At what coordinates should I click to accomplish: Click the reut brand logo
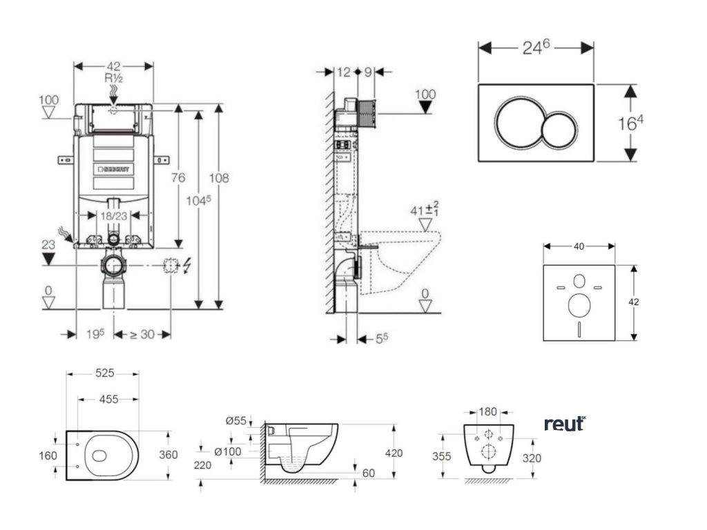[x=565, y=424]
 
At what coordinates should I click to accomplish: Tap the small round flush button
[x=558, y=130]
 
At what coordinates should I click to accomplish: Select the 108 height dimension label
[x=219, y=177]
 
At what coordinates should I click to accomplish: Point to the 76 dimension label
[x=178, y=177]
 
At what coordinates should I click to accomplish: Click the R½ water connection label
[x=113, y=78]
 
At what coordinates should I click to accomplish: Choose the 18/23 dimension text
[x=114, y=215]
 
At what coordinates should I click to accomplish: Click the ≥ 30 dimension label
[x=142, y=334]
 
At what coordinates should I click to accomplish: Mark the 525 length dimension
[x=104, y=373]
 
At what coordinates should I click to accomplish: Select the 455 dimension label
[x=108, y=399]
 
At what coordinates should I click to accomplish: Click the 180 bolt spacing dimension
[x=488, y=412]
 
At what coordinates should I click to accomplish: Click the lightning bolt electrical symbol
[x=188, y=264]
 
